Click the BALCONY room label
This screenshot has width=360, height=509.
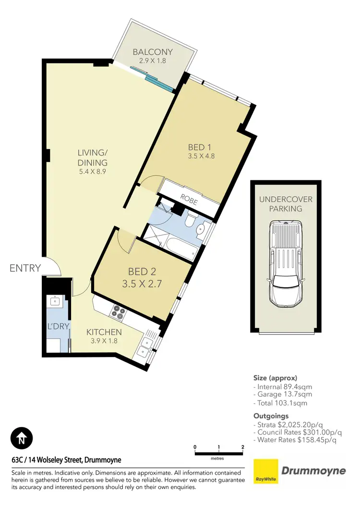pos(153,52)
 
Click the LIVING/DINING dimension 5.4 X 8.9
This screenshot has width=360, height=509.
pos(92,171)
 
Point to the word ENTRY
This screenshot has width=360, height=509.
pos(25,268)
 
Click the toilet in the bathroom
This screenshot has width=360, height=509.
pos(191,221)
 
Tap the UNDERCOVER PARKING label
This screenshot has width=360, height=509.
pos(285,203)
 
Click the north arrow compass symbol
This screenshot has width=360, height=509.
pos(22,438)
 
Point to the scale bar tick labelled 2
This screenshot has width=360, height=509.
pos(243,447)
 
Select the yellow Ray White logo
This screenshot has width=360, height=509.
pos(266,471)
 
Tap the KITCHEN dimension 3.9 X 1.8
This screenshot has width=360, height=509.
pos(104,341)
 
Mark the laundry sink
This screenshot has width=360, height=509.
pos(54,302)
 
